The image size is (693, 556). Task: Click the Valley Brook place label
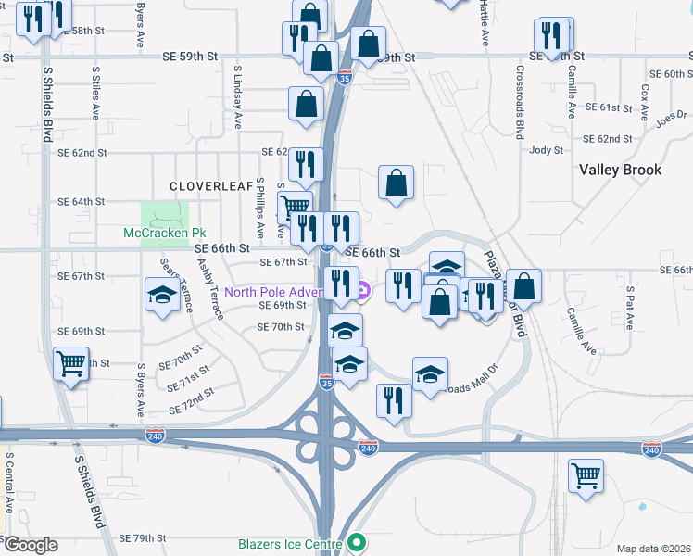pyautogui.click(x=620, y=170)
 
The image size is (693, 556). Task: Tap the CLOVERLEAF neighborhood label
pyautogui.click(x=210, y=185)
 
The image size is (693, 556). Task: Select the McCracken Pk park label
pyautogui.click(x=163, y=233)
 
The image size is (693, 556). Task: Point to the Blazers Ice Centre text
pyautogui.click(x=290, y=544)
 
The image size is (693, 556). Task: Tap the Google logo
pyautogui.click(x=30, y=545)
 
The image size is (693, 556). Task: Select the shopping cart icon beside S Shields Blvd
pyautogui.click(x=70, y=363)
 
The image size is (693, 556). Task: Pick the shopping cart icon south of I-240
pyautogui.click(x=586, y=476)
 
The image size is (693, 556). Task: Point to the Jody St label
pyautogui.click(x=547, y=150)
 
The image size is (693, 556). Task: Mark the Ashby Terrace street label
pyautogui.click(x=209, y=288)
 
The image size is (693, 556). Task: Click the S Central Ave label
pyautogui.click(x=9, y=482)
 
